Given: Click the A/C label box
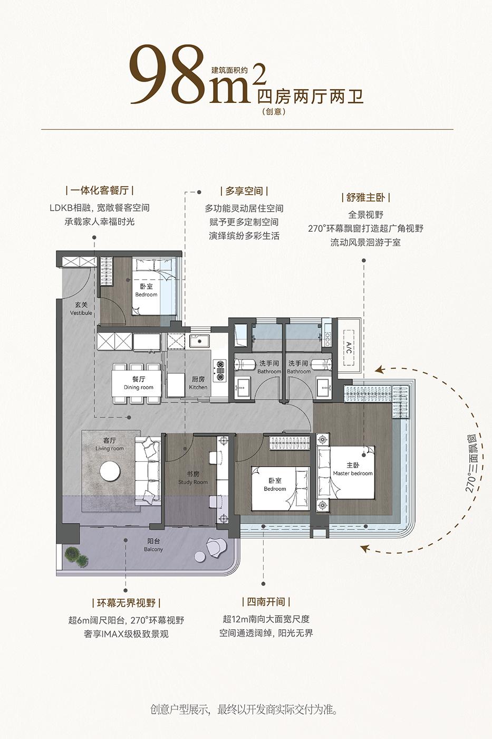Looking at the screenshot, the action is tap(349, 347).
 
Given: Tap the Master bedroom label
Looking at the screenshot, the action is tap(353, 469).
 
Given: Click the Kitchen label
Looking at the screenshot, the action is tap(198, 383).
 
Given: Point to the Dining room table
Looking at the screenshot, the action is tap(137, 383).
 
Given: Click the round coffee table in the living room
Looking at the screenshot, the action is tap(110, 471).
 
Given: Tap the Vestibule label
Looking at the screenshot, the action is tap(81, 309).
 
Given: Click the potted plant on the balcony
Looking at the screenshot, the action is tap(76, 557).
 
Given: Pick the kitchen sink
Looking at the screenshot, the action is tap(199, 341).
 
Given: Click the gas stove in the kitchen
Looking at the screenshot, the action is tap(220, 371).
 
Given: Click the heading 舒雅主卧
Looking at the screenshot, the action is tap(365, 197).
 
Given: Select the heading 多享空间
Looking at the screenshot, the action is tap(244, 191).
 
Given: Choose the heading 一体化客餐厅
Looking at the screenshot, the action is tap(100, 191).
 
